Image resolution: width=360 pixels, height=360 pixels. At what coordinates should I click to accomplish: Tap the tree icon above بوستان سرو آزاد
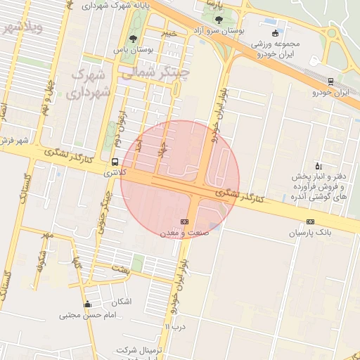219,20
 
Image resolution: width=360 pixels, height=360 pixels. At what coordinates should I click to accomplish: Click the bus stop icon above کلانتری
115,162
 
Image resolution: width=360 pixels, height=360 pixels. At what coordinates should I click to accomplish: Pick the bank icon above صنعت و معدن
185,221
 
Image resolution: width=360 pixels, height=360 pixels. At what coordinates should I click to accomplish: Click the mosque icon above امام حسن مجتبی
87,304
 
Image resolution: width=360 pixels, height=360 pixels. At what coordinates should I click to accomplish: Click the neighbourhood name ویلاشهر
22,28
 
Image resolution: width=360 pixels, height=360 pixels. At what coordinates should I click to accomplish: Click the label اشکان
121,302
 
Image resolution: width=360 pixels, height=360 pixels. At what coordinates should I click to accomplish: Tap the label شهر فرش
14,140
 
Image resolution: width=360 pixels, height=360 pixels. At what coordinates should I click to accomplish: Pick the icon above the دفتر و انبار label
320,165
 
